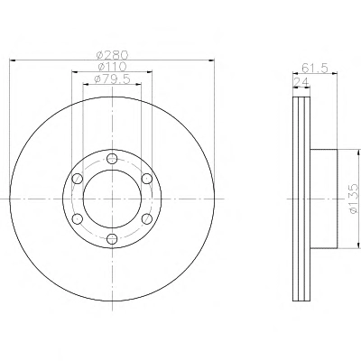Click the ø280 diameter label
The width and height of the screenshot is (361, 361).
point(112,55)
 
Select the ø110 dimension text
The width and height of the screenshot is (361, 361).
point(112,67)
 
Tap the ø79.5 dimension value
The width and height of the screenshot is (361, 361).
point(112,79)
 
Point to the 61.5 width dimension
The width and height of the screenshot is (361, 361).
point(314,68)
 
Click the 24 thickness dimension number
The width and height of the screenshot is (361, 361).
point(301,81)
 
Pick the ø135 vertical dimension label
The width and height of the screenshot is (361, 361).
point(355,199)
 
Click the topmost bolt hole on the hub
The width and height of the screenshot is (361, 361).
point(112,158)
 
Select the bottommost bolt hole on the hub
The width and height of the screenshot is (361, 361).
point(112,239)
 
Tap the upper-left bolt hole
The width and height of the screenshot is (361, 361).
point(78,179)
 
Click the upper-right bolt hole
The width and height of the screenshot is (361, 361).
point(147,179)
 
